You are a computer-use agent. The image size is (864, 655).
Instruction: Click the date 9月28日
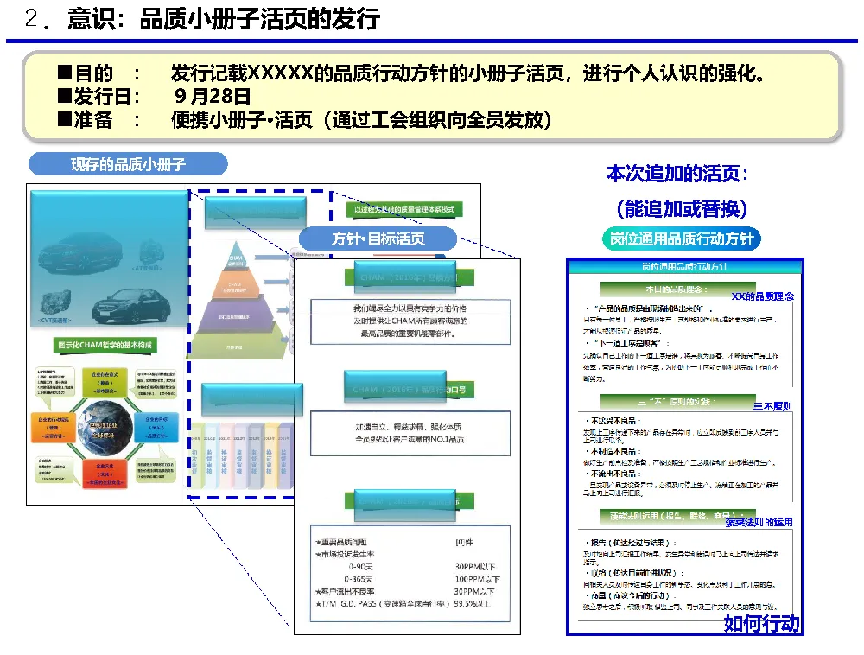pyautogui.click(x=212, y=96)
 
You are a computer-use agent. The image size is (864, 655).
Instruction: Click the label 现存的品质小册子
pyautogui.click(x=128, y=164)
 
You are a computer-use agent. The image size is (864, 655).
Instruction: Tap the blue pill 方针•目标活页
pyautogui.click(x=378, y=238)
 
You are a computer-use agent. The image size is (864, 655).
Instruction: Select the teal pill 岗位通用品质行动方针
pyautogui.click(x=681, y=238)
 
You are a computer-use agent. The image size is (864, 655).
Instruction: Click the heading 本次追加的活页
pyautogui.click(x=677, y=174)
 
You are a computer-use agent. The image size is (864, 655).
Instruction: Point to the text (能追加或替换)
pyautogui.click(x=682, y=207)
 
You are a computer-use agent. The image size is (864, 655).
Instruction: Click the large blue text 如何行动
pyautogui.click(x=762, y=623)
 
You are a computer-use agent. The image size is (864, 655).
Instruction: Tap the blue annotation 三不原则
pyautogui.click(x=772, y=406)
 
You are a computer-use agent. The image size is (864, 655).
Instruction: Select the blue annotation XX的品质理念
pyautogui.click(x=762, y=296)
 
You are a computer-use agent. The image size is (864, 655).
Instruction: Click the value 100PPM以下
pyautogui.click(x=477, y=578)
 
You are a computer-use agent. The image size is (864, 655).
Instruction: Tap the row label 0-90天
pyautogui.click(x=359, y=566)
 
